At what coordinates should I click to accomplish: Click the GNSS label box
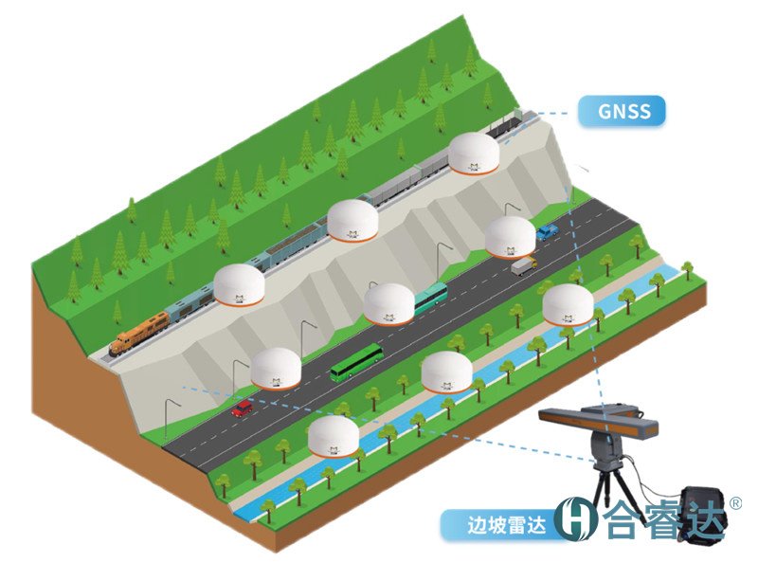click(624, 111)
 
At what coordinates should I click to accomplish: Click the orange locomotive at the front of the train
click(138, 334)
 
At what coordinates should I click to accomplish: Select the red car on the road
click(243, 409)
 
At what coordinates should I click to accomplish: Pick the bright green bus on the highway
click(356, 362)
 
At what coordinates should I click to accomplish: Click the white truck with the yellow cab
click(523, 266)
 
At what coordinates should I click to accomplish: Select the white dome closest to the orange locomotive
click(237, 285)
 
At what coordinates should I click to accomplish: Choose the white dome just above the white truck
click(510, 237)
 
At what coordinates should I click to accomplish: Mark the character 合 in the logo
click(622, 519)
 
